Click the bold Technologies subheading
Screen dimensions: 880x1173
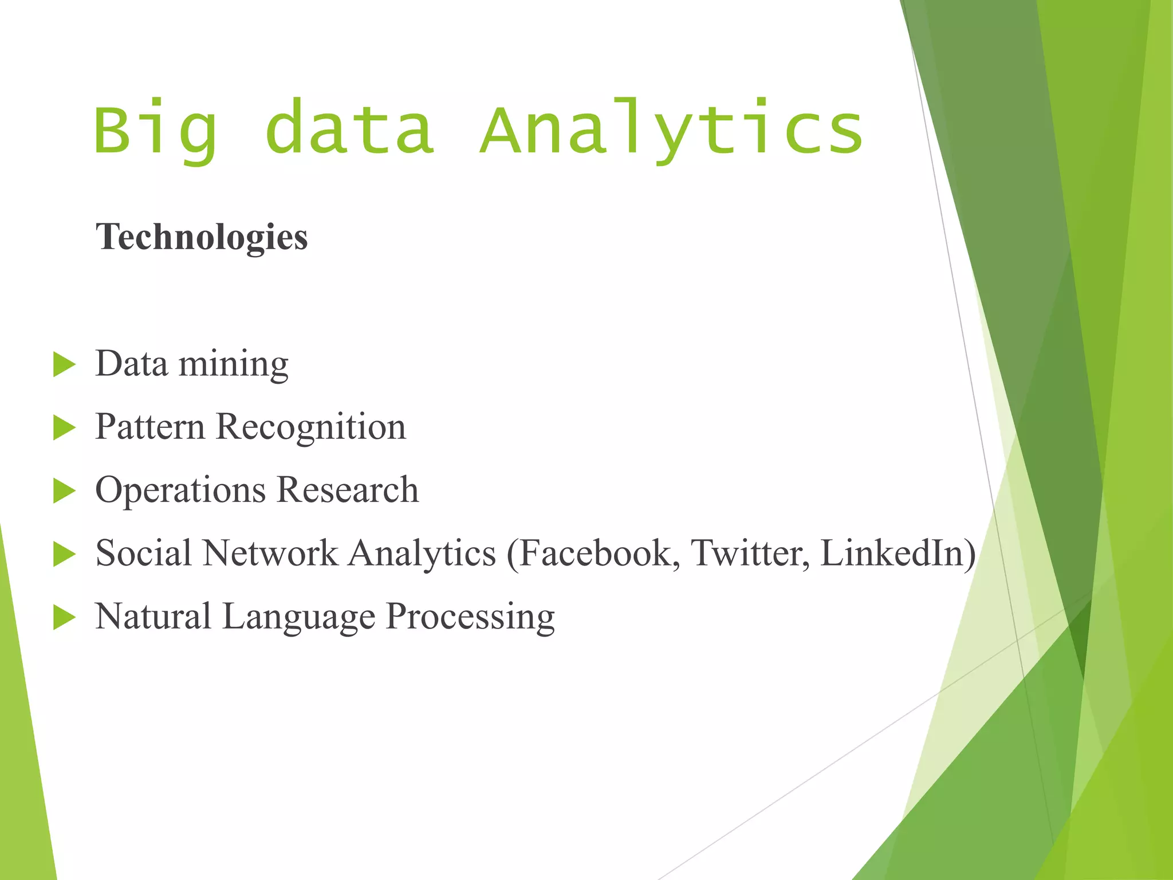[x=202, y=237]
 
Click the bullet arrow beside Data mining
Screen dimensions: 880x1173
[x=64, y=365]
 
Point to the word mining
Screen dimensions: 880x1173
[x=234, y=365]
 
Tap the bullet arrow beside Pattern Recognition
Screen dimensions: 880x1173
[x=64, y=428]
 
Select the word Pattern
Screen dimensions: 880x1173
[x=150, y=427]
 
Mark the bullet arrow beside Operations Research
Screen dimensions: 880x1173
[x=64, y=491]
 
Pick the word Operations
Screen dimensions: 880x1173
[x=180, y=491]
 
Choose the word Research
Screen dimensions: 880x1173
[x=348, y=490]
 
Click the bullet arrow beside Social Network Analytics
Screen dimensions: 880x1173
[x=64, y=554]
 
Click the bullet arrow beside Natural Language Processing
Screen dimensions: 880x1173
[x=64, y=618]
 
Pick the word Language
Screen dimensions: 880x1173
[x=298, y=618]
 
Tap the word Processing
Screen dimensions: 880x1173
[x=470, y=618]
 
